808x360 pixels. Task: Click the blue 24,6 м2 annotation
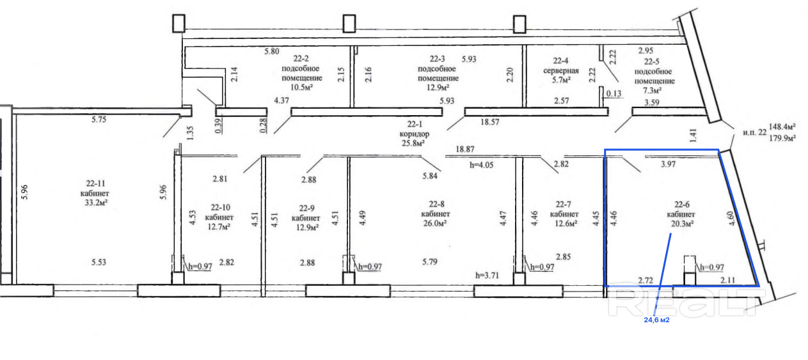point(656,320)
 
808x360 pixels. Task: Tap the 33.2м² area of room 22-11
point(97,203)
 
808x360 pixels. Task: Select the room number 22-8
point(436,204)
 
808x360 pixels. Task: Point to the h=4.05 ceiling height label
point(481,165)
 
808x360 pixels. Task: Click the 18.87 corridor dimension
point(465,149)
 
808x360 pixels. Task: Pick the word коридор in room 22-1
point(415,134)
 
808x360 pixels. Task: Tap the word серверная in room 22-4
point(561,70)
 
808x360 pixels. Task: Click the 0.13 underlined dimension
point(614,94)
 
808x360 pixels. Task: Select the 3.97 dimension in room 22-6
point(668,164)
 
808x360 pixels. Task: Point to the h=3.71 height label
point(487,276)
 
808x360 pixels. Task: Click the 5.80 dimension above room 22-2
point(272,51)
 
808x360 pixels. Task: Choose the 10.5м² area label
point(301,87)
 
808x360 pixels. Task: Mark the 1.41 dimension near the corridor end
point(693,136)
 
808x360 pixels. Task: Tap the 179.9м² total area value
point(782,137)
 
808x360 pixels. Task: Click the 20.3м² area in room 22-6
point(682,223)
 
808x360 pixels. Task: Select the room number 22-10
point(221,207)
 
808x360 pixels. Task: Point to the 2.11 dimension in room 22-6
point(728,279)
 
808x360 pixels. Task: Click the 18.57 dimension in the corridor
point(490,121)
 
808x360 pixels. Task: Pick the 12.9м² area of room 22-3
point(438,87)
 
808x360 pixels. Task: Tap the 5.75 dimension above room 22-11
point(99,120)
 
